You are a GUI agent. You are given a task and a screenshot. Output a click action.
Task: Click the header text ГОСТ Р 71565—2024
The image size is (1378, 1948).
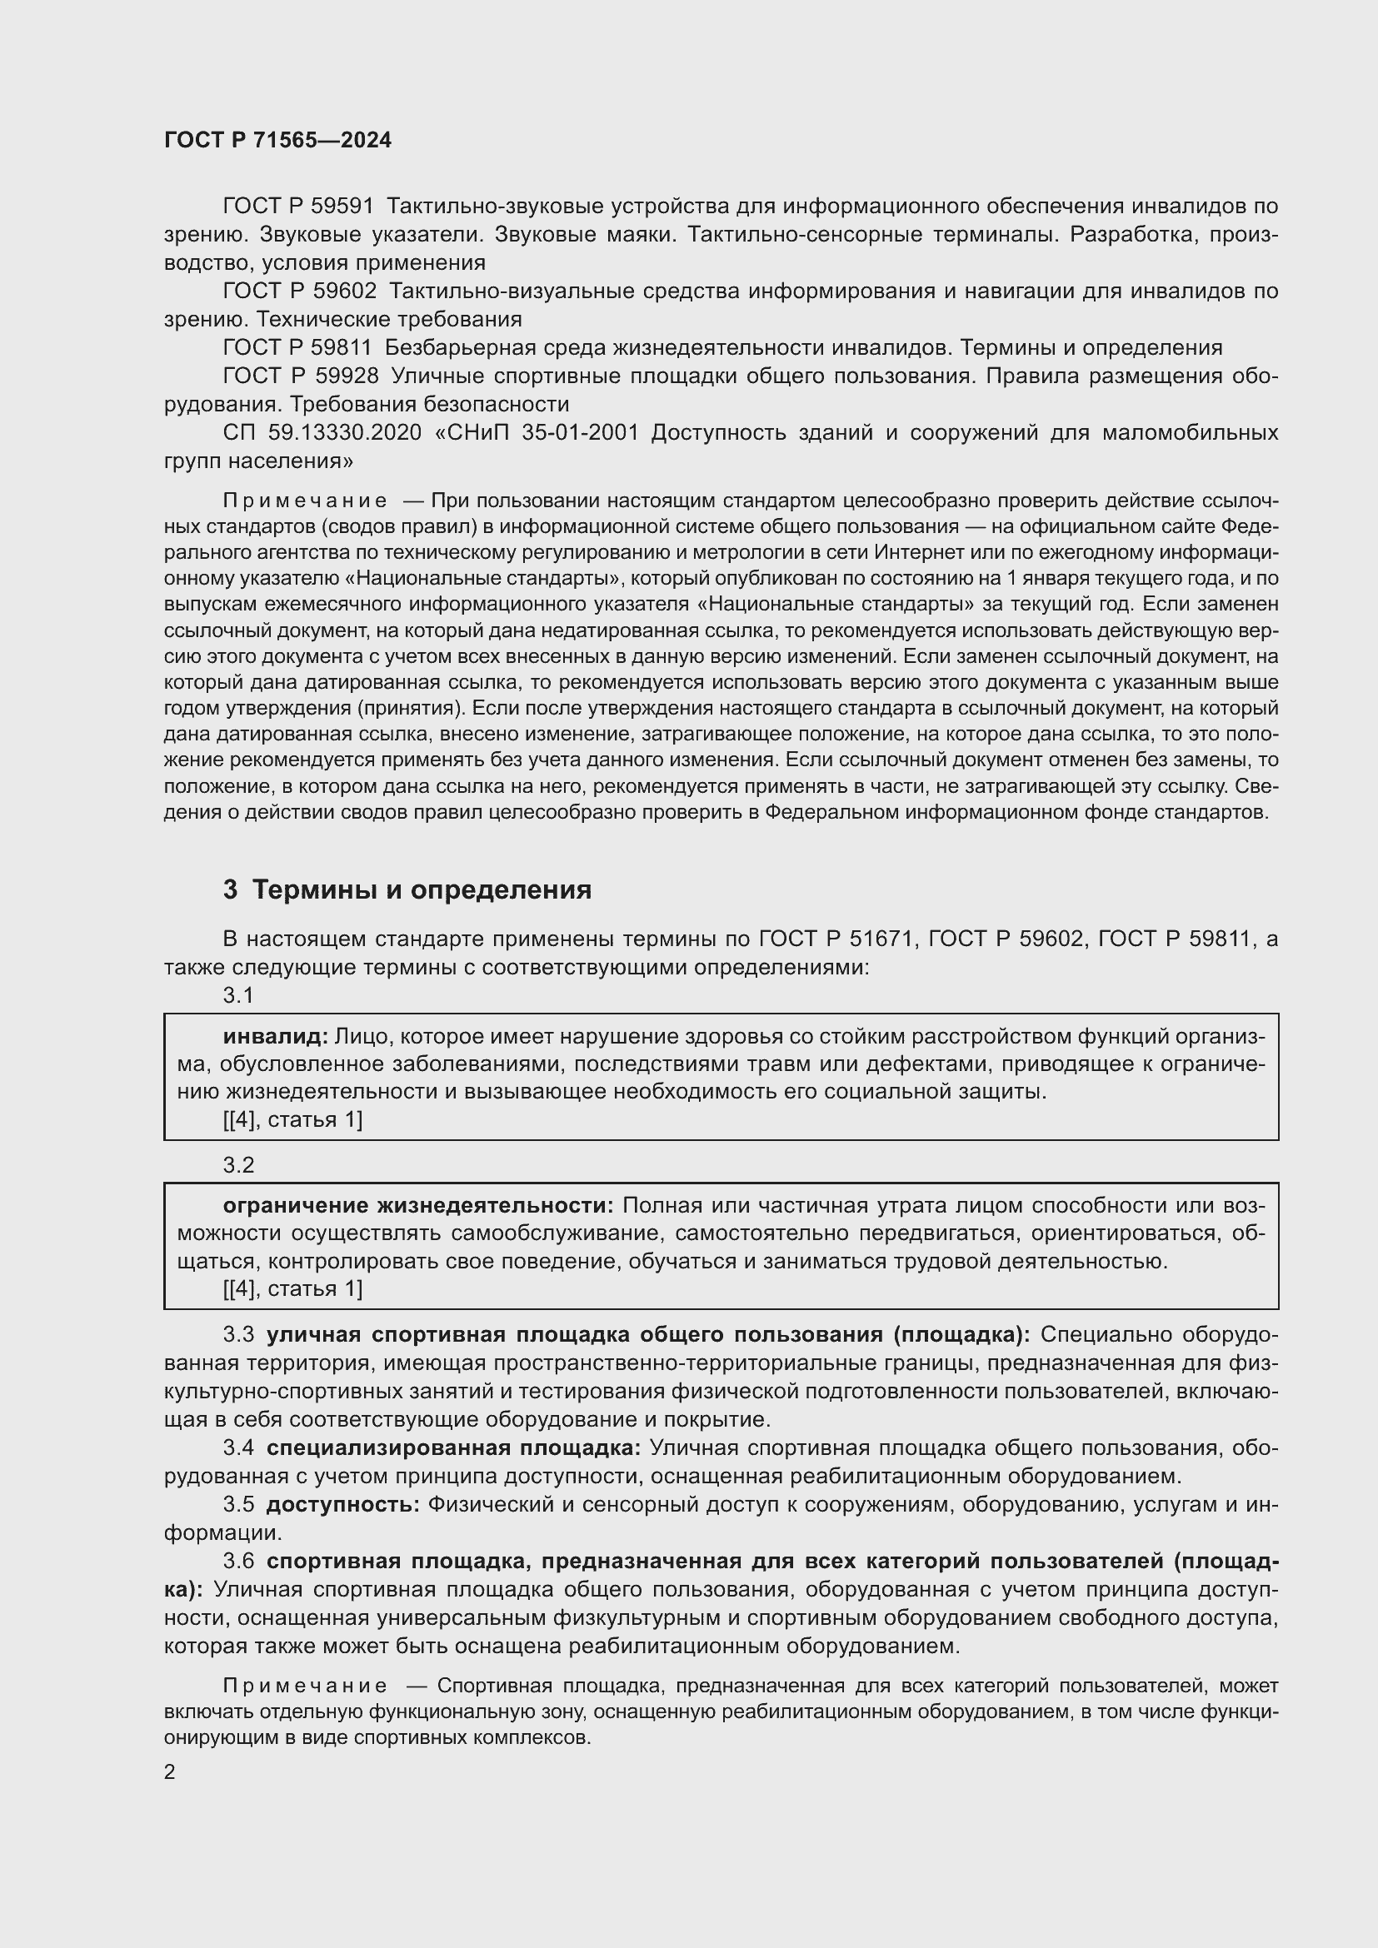tap(277, 141)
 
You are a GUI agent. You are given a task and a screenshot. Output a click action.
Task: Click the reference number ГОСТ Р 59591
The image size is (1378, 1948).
tap(297, 207)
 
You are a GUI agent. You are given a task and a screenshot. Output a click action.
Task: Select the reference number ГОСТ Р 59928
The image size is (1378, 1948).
tap(300, 376)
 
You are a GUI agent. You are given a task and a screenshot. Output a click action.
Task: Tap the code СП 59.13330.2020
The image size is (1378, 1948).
tap(322, 433)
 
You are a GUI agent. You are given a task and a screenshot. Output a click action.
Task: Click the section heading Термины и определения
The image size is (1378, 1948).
tap(422, 889)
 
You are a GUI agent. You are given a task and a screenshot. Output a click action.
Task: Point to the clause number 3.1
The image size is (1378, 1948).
tap(238, 995)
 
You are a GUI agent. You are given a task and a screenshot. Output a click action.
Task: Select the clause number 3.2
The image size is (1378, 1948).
tap(238, 1165)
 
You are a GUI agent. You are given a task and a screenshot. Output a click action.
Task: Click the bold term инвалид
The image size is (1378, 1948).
tap(275, 1036)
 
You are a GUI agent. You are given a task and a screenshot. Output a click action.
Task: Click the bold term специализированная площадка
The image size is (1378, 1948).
tap(453, 1447)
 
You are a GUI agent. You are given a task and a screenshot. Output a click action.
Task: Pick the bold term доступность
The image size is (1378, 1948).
tap(342, 1504)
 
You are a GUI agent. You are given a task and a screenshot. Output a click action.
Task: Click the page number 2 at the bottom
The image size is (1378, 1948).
tap(170, 1772)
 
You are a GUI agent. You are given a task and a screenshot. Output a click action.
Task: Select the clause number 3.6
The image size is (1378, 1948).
tap(238, 1561)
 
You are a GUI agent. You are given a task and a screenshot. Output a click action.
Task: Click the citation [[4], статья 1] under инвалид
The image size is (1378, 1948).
tap(292, 1120)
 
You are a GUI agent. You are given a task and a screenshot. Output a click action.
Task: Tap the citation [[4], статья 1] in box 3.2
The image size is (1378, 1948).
tap(292, 1288)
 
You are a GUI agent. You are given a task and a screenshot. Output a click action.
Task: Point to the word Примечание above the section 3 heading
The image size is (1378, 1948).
tap(305, 501)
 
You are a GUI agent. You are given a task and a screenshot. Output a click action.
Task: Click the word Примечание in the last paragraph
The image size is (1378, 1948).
tap(305, 1686)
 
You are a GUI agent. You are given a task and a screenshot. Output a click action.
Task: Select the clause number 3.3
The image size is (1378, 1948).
tap(238, 1334)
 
